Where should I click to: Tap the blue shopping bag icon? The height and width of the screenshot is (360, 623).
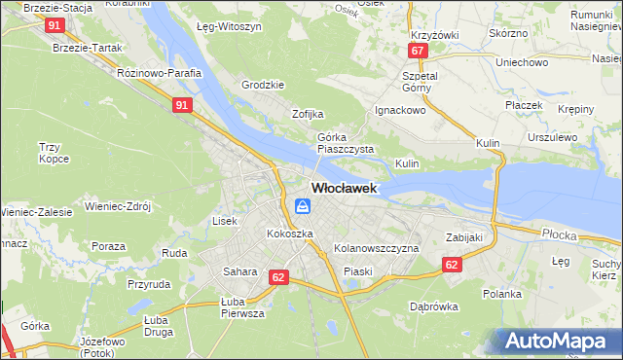click(303, 205)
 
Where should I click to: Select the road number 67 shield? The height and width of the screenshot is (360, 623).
click(418, 51)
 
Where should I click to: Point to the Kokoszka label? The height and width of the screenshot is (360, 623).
click(290, 234)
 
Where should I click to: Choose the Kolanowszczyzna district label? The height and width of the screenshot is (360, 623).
click(376, 249)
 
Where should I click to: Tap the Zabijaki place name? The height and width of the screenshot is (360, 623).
click(464, 236)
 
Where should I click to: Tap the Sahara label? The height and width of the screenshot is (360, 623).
click(239, 271)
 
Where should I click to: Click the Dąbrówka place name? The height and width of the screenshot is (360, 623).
click(434, 306)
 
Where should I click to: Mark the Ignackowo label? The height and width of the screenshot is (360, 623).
click(401, 111)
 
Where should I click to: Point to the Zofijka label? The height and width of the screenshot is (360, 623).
click(308, 114)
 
